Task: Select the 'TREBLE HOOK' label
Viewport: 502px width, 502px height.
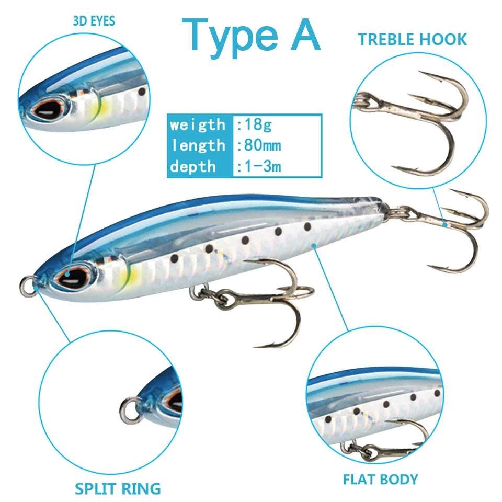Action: click(x=412, y=39)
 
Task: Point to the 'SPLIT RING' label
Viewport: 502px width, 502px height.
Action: click(x=118, y=489)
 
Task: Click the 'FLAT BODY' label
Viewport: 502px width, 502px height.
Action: click(x=380, y=478)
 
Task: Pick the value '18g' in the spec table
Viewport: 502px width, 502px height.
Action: click(x=255, y=124)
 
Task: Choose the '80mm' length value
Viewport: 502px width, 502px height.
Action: click(x=260, y=145)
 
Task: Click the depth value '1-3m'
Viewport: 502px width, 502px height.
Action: click(x=260, y=166)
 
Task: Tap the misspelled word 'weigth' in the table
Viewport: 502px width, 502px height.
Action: click(x=197, y=125)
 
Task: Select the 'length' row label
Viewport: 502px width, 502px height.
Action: click(x=197, y=145)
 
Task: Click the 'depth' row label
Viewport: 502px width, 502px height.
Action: click(x=192, y=167)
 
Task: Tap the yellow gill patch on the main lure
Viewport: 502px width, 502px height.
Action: click(x=133, y=273)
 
